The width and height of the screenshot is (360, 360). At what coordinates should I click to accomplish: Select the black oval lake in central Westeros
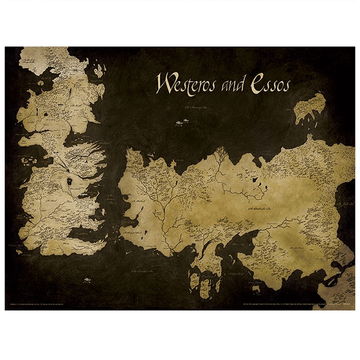(x=70, y=181)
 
